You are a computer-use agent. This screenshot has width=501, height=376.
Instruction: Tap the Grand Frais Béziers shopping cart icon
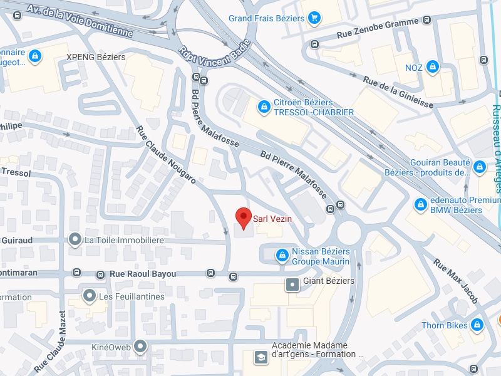(314, 18)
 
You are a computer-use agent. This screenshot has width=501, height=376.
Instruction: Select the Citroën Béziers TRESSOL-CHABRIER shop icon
(264, 107)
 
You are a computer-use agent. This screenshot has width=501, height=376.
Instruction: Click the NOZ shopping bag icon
(432, 66)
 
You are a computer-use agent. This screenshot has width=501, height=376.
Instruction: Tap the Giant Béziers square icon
(292, 285)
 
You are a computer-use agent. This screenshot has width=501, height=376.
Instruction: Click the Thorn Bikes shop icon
(477, 325)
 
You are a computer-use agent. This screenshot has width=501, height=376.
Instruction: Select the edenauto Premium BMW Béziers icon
(421, 205)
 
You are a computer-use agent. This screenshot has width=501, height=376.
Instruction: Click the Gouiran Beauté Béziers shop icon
(480, 167)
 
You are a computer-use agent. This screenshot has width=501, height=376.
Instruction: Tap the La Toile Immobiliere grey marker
(75, 239)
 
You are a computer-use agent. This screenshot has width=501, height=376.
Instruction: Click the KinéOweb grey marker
(140, 346)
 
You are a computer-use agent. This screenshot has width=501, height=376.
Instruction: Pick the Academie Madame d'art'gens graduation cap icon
(259, 357)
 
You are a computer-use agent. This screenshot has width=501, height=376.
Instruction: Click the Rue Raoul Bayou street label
(143, 274)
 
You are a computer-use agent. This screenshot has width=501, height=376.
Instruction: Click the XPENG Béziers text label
(96, 57)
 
